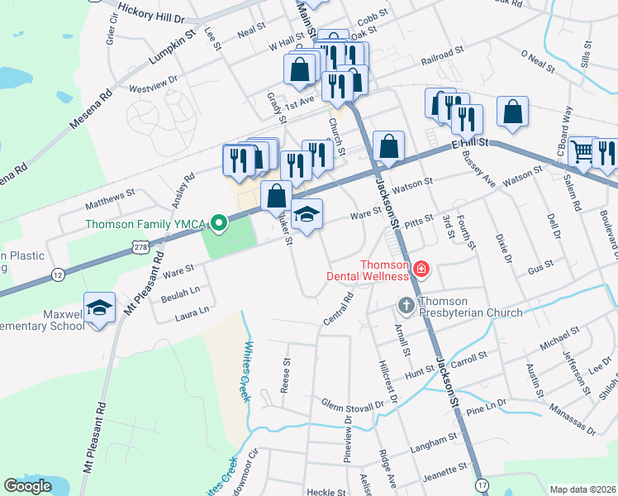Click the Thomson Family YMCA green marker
pyautogui.click(x=219, y=223)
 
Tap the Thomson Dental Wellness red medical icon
pyautogui.click(x=421, y=269)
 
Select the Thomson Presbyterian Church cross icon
pyautogui.click(x=406, y=306)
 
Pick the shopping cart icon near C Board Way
pyautogui.click(x=582, y=150)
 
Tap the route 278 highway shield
pyautogui.click(x=140, y=247)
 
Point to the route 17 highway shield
pyautogui.click(x=483, y=484)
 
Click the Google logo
pyautogui.click(x=27, y=485)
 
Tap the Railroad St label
pyautogui.click(x=443, y=56)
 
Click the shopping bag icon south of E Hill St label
pyautogui.click(x=388, y=147)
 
